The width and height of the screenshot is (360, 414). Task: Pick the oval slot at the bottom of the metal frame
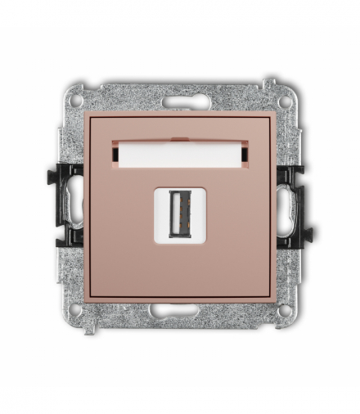[x=180, y=311]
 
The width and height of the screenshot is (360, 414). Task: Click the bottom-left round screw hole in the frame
[x=75, y=311]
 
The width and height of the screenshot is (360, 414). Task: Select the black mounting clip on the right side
[x=292, y=205]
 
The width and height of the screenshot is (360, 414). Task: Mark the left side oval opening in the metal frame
[x=74, y=205]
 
